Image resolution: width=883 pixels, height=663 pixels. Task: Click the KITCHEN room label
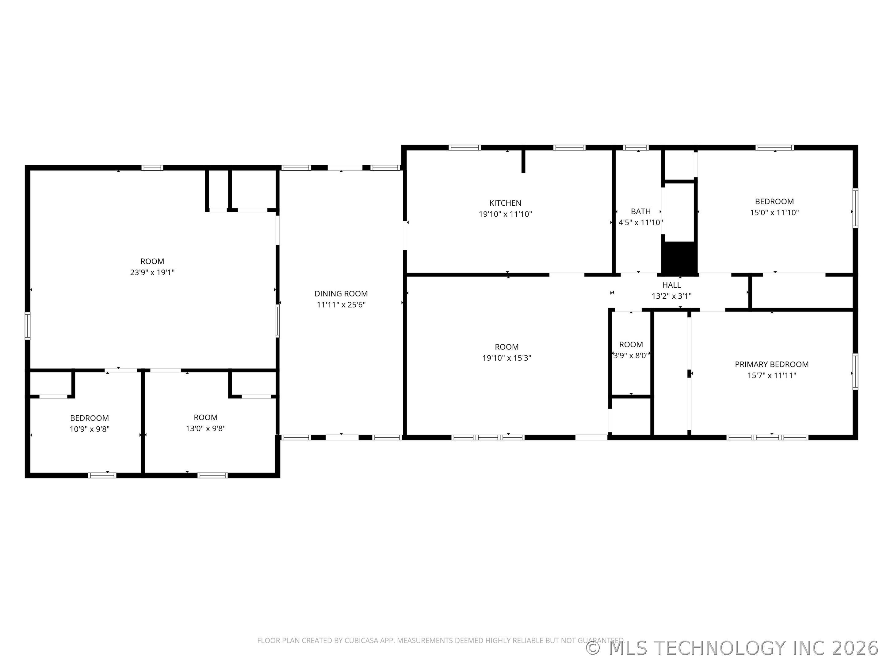tap(505, 203)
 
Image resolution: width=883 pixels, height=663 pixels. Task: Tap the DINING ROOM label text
tap(341, 294)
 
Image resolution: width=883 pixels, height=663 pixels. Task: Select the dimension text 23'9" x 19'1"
tap(152, 273)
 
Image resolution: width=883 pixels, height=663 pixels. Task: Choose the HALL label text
tap(671, 285)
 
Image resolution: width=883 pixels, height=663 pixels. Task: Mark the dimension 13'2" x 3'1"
tap(671, 296)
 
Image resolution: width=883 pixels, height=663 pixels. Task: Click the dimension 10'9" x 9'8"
tap(90, 429)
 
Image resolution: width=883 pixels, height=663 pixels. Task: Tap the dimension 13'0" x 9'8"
tap(206, 428)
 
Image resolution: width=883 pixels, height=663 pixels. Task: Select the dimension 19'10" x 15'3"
tap(506, 358)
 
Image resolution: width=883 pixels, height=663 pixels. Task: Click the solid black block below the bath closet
tap(679, 257)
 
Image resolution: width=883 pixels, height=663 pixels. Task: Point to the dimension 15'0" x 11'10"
tap(774, 213)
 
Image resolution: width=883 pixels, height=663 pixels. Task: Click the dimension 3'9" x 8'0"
tap(631, 356)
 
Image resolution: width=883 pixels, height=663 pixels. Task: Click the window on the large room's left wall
tap(28, 326)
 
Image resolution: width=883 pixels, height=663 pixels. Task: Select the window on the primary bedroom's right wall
tap(855, 372)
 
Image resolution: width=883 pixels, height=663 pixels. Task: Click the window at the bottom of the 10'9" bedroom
tap(102, 475)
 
